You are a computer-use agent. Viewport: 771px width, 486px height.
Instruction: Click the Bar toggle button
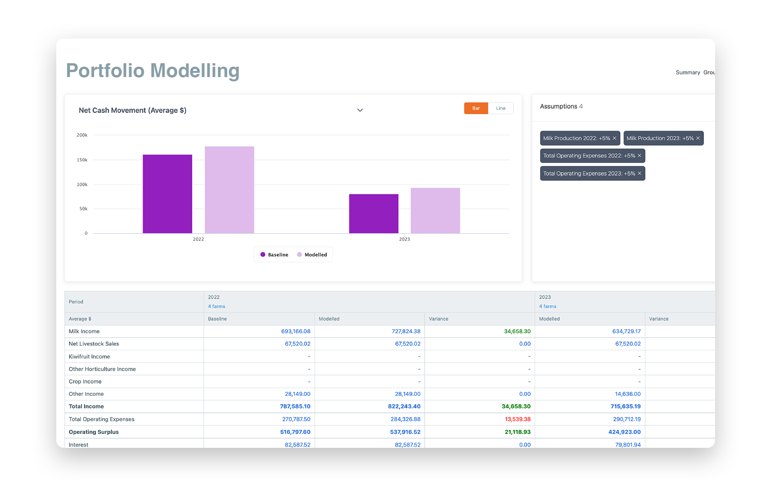click(x=476, y=108)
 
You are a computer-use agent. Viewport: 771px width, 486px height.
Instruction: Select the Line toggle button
click(x=500, y=108)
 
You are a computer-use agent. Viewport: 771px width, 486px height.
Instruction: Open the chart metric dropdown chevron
click(x=360, y=110)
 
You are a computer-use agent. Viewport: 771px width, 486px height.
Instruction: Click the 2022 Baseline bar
click(x=167, y=194)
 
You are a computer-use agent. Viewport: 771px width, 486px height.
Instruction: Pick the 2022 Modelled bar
click(x=229, y=190)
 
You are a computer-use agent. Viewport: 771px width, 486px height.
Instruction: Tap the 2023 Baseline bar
click(x=374, y=214)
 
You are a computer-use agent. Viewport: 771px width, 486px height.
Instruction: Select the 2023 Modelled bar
click(x=435, y=210)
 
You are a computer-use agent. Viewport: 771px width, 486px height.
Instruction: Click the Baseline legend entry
click(x=274, y=255)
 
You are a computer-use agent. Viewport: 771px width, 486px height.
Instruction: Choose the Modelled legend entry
click(x=312, y=255)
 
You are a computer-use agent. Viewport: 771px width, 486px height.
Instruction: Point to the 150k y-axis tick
click(x=82, y=160)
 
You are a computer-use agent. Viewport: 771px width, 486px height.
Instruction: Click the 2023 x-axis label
click(x=404, y=239)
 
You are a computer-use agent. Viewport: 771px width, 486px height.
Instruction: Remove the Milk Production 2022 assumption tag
click(x=614, y=138)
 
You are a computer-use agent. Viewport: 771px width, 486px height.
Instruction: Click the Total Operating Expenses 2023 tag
click(x=589, y=173)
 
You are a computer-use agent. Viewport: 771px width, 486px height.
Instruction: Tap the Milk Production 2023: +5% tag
click(x=660, y=138)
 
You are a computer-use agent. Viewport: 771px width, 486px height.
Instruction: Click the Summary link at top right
click(x=688, y=72)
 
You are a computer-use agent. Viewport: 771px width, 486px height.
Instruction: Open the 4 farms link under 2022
click(x=217, y=306)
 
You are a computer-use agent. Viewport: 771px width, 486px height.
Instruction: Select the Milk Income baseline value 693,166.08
click(x=296, y=331)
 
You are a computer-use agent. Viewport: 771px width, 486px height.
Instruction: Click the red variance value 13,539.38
click(x=518, y=419)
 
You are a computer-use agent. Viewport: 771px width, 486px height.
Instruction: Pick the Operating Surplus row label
click(x=94, y=432)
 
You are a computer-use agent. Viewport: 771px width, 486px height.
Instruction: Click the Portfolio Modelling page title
click(x=153, y=71)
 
